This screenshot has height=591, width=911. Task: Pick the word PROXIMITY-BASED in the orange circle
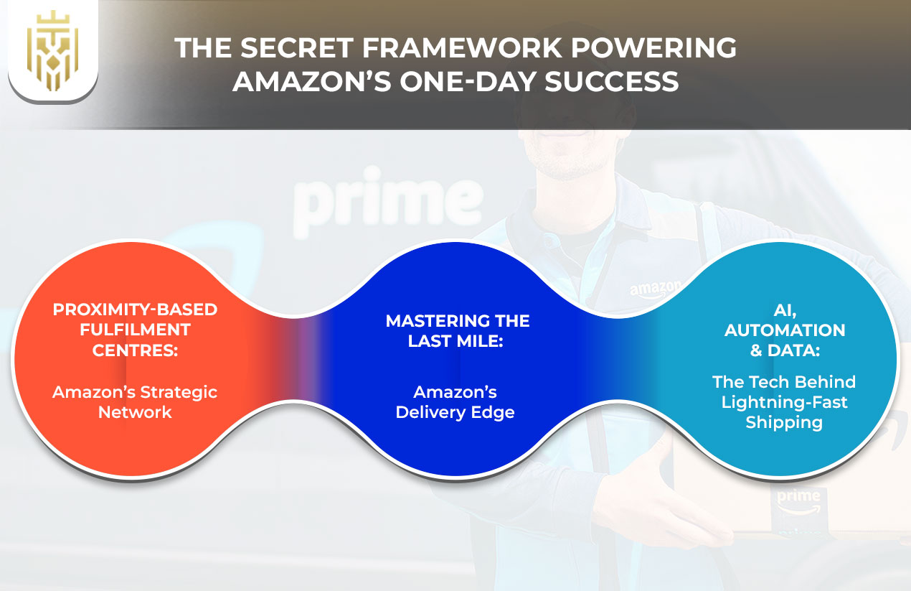pos(135,311)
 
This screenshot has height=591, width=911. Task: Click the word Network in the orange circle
pos(135,411)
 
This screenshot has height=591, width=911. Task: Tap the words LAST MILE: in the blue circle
pos(457,340)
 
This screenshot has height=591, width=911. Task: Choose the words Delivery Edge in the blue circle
pos(455,413)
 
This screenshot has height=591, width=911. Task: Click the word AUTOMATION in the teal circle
pos(784,330)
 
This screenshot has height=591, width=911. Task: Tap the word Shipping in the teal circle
pos(784,422)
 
